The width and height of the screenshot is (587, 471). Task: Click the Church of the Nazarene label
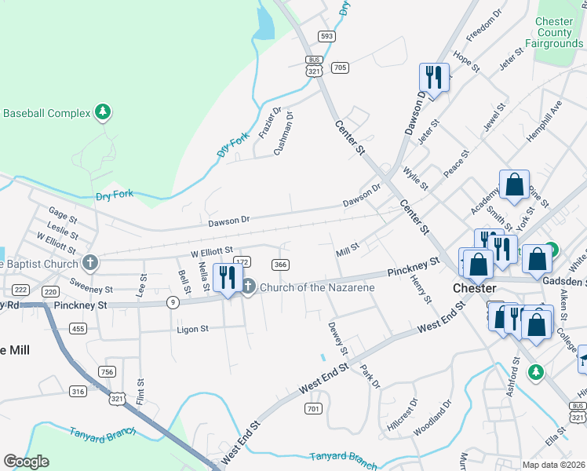pyautogui.click(x=317, y=287)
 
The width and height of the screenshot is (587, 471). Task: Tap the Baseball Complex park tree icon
pyautogui.click(x=102, y=113)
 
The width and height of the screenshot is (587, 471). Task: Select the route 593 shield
pyautogui.click(x=327, y=36)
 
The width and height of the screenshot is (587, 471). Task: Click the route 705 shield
pyautogui.click(x=340, y=68)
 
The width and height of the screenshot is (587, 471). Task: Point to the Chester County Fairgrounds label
pyautogui.click(x=560, y=32)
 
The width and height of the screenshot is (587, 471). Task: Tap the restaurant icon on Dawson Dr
pyautogui.click(x=434, y=77)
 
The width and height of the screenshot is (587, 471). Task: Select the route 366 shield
pyautogui.click(x=280, y=265)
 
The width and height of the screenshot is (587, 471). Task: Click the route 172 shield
pyautogui.click(x=242, y=261)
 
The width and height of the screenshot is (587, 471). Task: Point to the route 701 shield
pyautogui.click(x=313, y=408)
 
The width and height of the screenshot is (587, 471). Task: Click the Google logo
pyautogui.click(x=26, y=462)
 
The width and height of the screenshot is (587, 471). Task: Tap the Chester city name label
pyautogui.click(x=475, y=288)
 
